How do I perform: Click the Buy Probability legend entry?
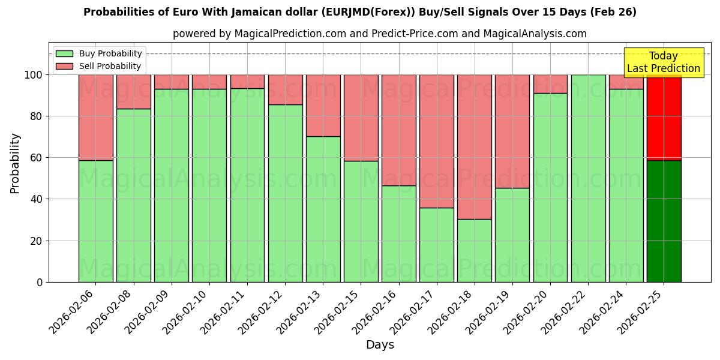coord(98,53)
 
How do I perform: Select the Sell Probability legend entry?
coord(98,66)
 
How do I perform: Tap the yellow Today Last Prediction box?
coord(664,62)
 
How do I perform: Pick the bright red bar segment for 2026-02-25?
coord(664,118)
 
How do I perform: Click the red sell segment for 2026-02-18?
coord(475,147)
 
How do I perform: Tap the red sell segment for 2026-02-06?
coord(96,118)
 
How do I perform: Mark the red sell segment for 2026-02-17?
coord(437,141)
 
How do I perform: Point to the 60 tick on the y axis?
coord(37,158)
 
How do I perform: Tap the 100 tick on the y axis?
coord(34,75)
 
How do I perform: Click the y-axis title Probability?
coord(15,163)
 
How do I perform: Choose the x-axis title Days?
coord(380,345)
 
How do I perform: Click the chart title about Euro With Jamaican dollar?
coord(360,12)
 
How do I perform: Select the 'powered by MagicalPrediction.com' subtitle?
coord(380,34)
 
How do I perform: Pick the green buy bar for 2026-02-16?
coord(399,233)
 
